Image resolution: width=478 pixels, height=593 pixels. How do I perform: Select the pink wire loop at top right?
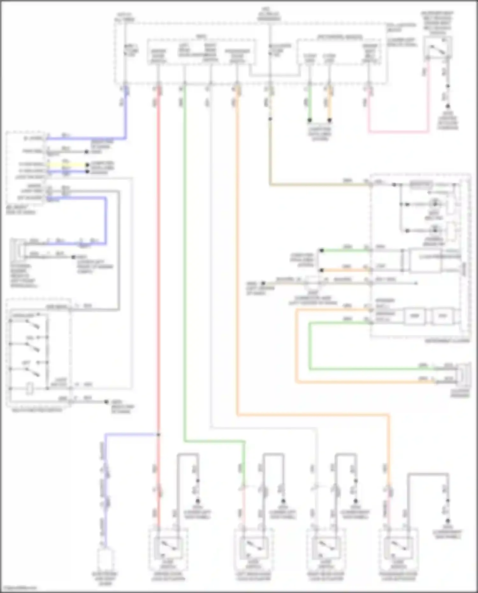click(x=398, y=131)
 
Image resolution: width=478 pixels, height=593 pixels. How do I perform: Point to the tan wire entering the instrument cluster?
click(x=319, y=184)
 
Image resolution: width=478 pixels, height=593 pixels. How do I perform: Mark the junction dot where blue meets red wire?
click(x=158, y=435)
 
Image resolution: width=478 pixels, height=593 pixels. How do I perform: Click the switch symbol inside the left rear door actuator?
click(x=254, y=547)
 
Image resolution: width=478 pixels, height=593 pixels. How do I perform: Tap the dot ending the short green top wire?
click(x=309, y=120)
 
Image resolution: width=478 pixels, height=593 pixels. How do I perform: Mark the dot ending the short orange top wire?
click(x=330, y=120)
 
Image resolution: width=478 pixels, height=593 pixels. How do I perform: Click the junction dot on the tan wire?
click(x=270, y=119)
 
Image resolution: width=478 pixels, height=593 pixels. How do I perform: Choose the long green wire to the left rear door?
click(x=184, y=255)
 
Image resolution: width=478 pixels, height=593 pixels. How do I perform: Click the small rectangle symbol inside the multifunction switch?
click(x=29, y=389)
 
